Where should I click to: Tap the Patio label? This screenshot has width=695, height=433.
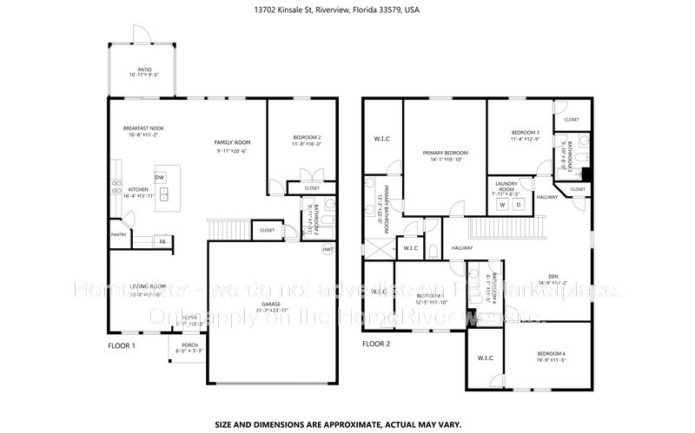[144, 70]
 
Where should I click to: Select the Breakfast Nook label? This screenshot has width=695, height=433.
[143, 128]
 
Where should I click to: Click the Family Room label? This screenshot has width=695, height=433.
[232, 141]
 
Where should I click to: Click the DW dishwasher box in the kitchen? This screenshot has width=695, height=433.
[160, 177]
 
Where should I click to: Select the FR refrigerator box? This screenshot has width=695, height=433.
[162, 242]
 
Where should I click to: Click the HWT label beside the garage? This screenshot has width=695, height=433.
[328, 249]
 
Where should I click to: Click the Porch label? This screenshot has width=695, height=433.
[189, 344]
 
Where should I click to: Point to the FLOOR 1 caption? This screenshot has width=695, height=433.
[122, 345]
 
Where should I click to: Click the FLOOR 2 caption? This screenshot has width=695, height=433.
[377, 344]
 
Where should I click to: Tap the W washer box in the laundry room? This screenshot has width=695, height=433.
[501, 206]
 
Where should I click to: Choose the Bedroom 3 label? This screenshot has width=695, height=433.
[525, 133]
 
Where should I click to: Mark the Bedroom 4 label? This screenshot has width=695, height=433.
[551, 354]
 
